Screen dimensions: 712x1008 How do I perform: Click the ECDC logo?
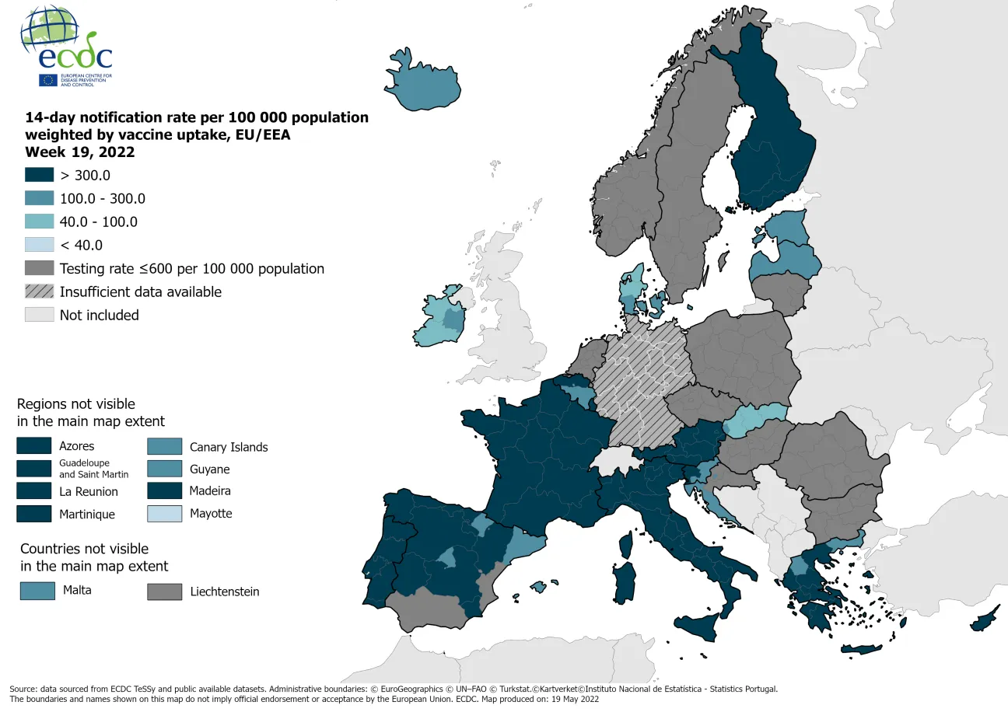click(66, 47)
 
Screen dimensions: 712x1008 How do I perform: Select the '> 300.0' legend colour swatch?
click(39, 175)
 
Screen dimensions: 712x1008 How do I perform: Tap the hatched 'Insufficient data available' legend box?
click(39, 291)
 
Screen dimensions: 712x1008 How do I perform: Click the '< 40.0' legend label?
click(81, 245)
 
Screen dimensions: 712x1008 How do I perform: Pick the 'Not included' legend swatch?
click(39, 315)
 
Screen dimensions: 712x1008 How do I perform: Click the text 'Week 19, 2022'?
click(79, 152)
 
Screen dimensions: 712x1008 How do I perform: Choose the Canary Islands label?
click(229, 447)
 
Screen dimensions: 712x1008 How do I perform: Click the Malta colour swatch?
click(37, 591)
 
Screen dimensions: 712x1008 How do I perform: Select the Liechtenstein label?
click(224, 592)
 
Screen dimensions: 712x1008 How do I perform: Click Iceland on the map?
click(421, 84)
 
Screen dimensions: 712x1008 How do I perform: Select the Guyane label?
click(209, 469)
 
